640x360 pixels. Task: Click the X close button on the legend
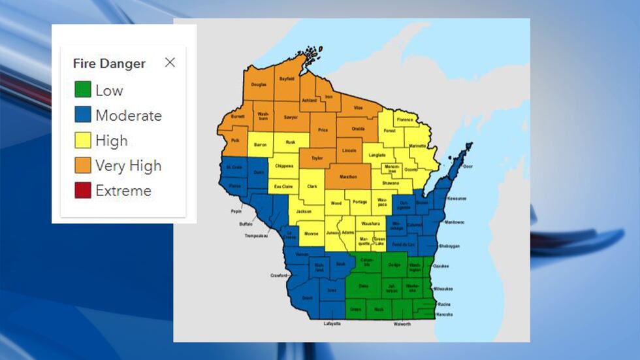[x=170, y=63]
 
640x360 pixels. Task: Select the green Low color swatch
[x=82, y=90]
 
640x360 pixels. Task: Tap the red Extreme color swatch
[x=82, y=191]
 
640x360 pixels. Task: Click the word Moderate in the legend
[x=129, y=116]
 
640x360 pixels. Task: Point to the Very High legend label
[x=128, y=166]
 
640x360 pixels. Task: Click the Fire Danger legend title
[x=109, y=63]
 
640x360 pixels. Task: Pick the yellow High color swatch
[x=82, y=140]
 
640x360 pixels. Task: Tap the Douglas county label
[x=259, y=85]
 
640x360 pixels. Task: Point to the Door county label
[x=468, y=167]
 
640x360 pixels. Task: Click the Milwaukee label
[x=443, y=288]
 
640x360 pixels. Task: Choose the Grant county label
[x=308, y=298]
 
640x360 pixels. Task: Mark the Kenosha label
[x=445, y=315]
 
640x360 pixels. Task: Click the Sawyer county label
[x=291, y=117]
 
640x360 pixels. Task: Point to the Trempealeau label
[x=257, y=235]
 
